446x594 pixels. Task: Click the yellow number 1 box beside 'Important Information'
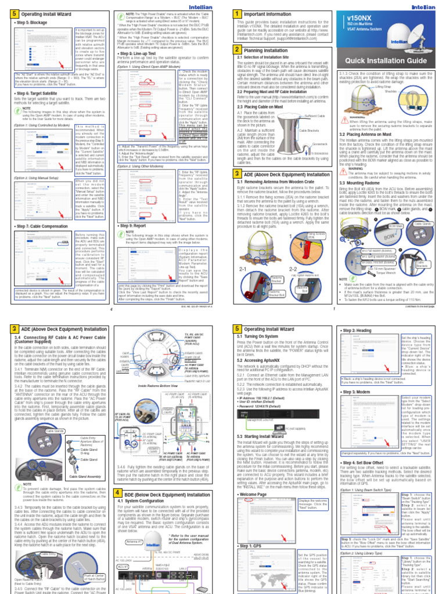click(236, 13)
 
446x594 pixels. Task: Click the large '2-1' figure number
click(240, 269)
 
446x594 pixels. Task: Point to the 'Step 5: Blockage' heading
click(33, 23)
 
